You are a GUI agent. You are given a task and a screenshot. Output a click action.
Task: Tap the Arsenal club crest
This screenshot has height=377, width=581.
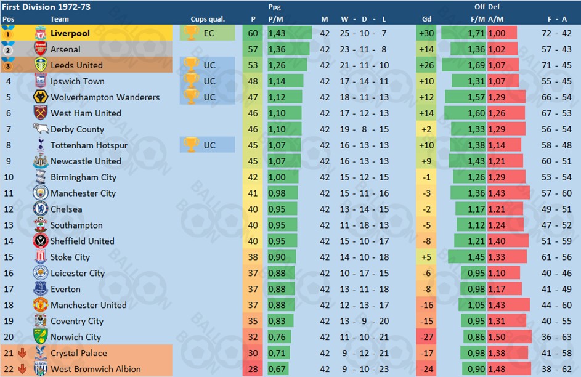[41, 49]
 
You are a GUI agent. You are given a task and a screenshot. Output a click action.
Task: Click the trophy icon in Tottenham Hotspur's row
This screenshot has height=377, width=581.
[191, 145]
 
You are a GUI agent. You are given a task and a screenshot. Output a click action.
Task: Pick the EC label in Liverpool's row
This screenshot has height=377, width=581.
[209, 33]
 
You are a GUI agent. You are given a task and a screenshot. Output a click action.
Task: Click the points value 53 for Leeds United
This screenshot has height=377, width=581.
[253, 65]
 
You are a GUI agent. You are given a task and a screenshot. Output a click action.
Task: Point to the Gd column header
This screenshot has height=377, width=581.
[426, 19]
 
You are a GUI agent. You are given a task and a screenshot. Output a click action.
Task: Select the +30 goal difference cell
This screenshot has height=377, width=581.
[426, 33]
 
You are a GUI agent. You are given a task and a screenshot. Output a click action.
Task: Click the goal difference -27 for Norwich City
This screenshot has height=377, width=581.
[426, 338]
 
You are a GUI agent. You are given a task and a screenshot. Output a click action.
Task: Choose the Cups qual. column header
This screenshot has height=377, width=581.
[208, 19]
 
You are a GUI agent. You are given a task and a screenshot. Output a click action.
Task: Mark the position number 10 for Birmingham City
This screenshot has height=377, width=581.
[9, 177]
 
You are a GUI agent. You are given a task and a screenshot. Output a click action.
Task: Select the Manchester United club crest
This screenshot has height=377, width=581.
[41, 306]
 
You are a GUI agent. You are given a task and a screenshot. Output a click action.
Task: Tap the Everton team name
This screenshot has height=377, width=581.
[65, 290]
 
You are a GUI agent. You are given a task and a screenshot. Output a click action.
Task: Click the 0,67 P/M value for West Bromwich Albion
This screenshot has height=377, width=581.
[277, 370]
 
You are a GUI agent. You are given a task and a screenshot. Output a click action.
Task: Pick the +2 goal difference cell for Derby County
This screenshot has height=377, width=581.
[426, 129]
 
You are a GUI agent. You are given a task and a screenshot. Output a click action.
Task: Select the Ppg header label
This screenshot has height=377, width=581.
[275, 7]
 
